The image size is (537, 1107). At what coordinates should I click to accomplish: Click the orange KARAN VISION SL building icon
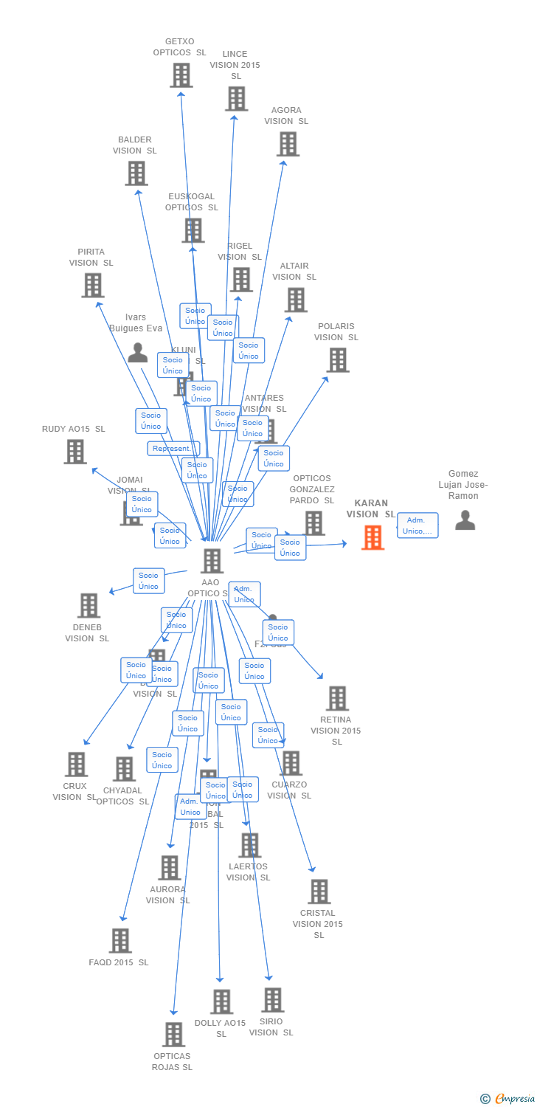373,537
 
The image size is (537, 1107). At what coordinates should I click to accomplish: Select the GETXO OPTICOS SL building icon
181,75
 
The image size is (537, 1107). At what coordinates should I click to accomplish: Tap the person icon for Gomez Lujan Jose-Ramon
465,520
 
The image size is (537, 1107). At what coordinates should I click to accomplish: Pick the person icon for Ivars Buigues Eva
137,353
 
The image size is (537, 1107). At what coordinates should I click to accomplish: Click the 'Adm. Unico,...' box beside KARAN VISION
418,525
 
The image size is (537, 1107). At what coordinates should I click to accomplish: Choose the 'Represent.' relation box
173,449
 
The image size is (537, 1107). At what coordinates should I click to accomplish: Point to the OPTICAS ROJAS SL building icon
173,1035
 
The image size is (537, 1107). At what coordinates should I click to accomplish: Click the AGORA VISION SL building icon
288,144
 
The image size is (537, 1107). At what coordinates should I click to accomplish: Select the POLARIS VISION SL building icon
337,360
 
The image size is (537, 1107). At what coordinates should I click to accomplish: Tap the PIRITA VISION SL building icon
92,285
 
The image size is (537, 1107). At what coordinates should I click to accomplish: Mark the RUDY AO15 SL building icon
75,452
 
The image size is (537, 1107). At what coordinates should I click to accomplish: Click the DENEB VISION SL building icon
89,605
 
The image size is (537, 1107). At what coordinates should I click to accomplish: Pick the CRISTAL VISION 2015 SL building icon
319,892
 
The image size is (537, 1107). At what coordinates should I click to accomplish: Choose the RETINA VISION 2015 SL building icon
337,698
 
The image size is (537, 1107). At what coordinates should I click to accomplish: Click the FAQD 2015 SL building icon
120,941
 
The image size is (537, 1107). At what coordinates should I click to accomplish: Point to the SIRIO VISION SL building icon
272,1000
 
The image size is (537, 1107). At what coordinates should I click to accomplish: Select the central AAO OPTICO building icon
212,561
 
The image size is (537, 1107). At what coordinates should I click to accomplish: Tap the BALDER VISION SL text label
135,145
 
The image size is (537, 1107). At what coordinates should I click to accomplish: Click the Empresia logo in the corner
508,1098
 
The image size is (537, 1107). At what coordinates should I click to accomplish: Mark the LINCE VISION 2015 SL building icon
236,98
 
